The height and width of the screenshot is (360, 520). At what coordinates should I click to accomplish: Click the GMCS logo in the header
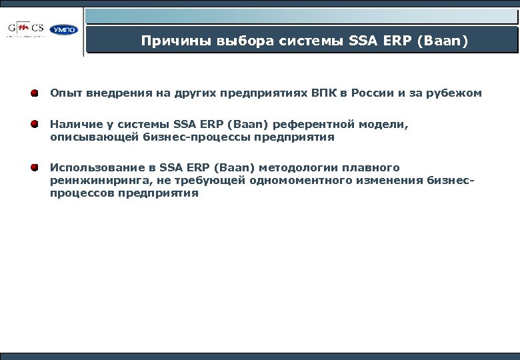tap(26, 29)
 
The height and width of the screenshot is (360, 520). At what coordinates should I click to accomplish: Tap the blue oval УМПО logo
tap(64, 29)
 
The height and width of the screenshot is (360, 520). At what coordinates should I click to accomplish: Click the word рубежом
tap(455, 93)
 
